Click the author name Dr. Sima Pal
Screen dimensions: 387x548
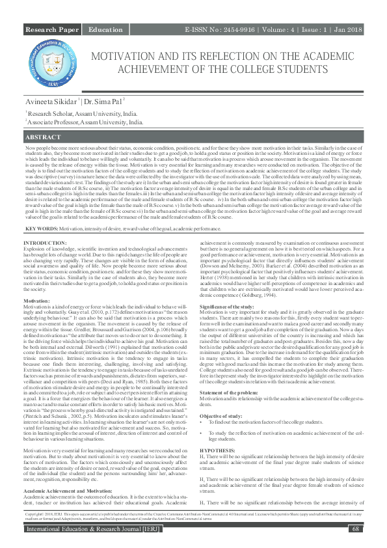coord(105,102)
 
